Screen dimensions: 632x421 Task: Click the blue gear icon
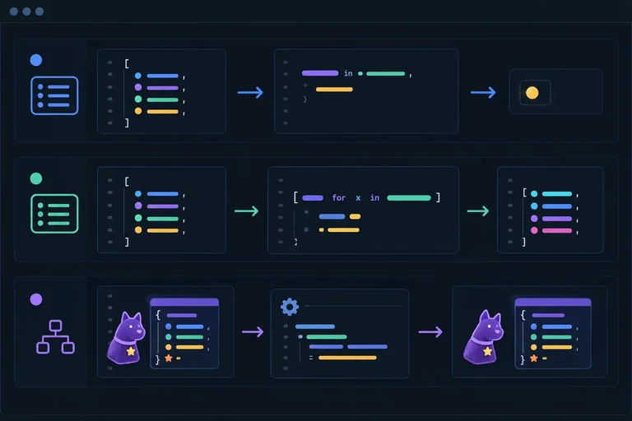point(290,307)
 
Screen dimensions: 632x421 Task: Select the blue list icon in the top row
point(54,95)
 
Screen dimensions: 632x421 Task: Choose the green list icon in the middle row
point(54,214)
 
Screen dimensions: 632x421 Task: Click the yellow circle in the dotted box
point(532,93)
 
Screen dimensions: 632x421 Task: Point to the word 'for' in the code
point(338,198)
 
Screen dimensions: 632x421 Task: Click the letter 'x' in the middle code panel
point(358,198)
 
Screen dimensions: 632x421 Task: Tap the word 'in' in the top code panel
point(348,73)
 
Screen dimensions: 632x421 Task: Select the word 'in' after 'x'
point(375,198)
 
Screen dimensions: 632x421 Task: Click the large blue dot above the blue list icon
point(36,60)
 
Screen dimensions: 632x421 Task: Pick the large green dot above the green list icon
point(36,178)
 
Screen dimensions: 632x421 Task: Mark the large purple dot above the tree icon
point(36,299)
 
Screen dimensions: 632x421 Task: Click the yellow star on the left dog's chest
point(131,351)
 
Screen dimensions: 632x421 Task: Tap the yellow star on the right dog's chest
point(488,351)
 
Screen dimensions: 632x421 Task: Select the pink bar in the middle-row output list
point(557,230)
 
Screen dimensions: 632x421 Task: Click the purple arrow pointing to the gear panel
point(253,332)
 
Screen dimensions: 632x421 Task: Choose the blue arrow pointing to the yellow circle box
point(483,93)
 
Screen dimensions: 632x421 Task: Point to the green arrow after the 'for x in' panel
point(478,211)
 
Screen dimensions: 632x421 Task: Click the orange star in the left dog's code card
point(169,358)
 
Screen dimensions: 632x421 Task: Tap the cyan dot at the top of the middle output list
point(534,194)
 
